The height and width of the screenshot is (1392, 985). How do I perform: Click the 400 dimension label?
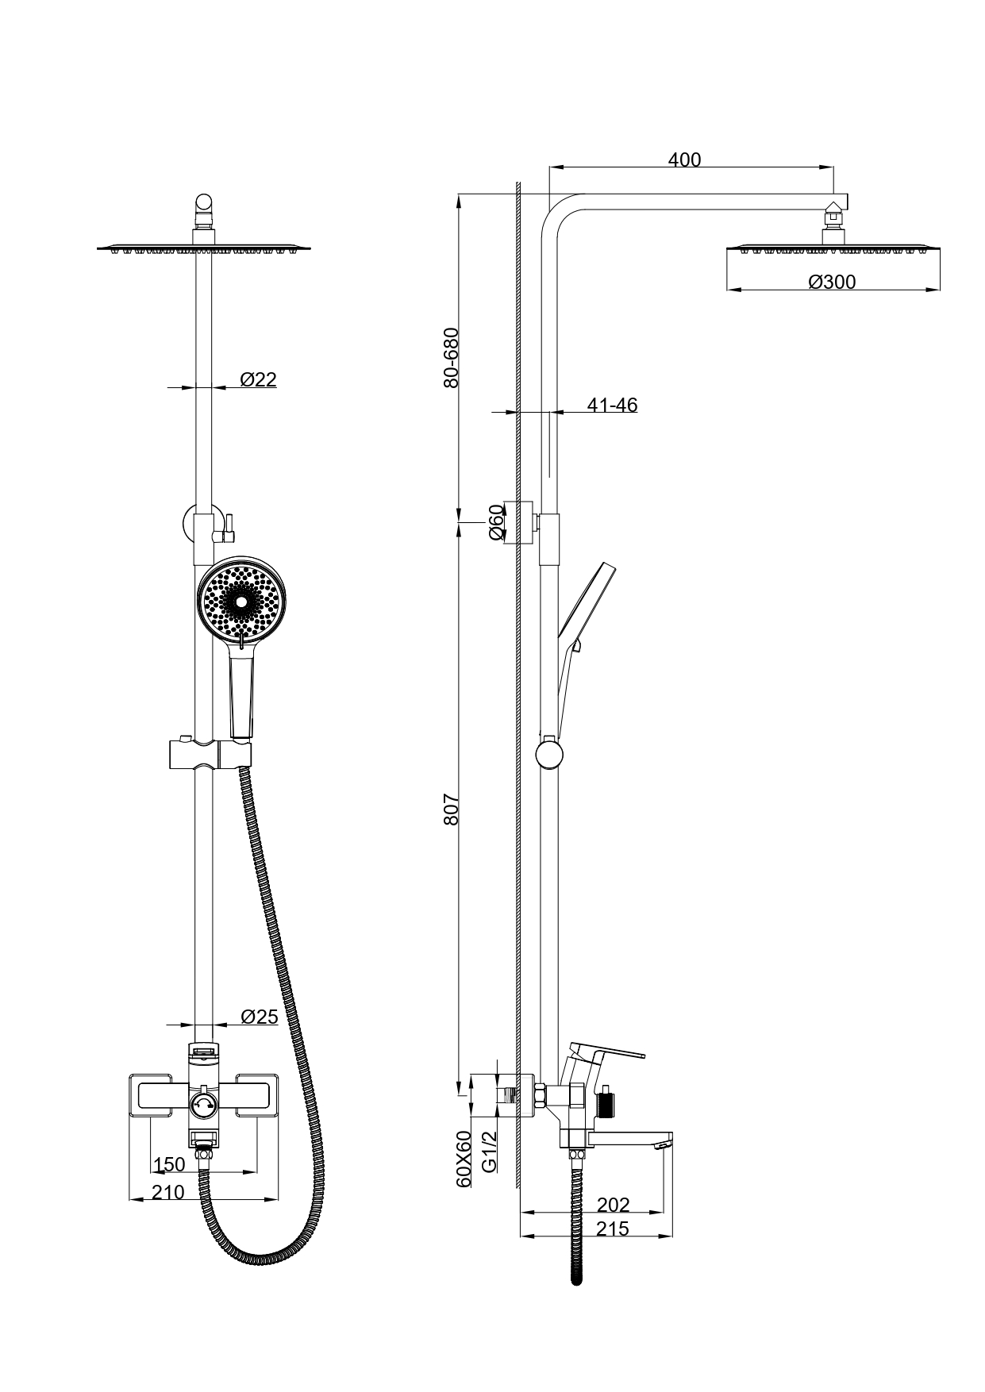coord(684,160)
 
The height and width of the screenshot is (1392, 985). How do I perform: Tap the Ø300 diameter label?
coord(832,282)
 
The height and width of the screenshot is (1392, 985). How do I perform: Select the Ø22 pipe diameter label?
coord(258,379)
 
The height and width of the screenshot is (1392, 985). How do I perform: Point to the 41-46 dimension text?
coord(612,405)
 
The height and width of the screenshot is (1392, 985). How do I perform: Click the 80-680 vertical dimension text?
coord(451,357)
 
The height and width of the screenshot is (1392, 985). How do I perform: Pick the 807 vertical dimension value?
coord(451,809)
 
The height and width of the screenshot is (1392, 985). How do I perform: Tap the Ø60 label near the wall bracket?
coord(496,522)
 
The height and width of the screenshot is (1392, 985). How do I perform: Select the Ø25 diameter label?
coord(259,1017)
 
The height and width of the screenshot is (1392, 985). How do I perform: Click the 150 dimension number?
coord(169,1164)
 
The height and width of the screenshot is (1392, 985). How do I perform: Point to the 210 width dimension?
coord(168,1192)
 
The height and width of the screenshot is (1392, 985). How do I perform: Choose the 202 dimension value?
coord(613,1205)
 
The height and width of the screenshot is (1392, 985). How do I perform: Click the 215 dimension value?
coord(612,1229)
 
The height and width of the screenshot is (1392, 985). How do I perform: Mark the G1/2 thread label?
coord(491,1151)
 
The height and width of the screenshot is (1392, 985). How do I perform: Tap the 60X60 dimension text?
coord(464,1159)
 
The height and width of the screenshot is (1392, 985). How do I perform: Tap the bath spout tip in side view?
coord(664,1143)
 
